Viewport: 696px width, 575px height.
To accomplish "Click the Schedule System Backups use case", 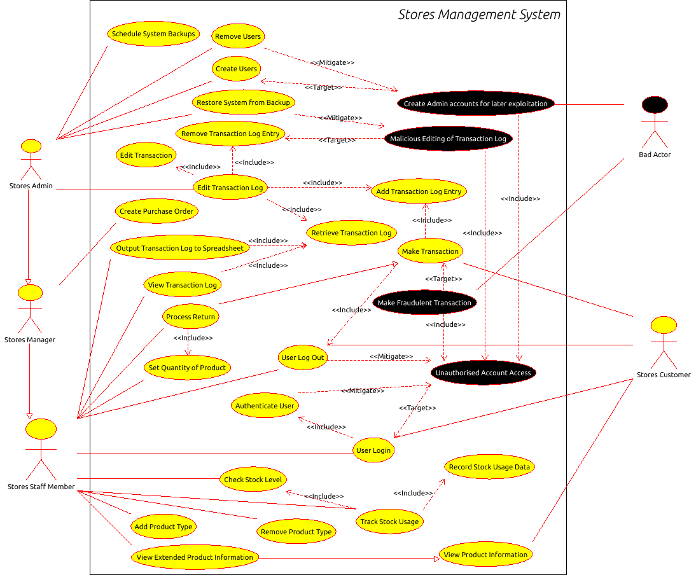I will coord(153,34).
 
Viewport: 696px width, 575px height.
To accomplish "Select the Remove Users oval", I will coord(237,37).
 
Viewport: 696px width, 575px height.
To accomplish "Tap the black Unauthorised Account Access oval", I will coord(484,373).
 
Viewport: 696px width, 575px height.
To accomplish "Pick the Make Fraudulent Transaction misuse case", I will coord(424,303).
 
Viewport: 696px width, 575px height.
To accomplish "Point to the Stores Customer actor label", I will coord(664,375).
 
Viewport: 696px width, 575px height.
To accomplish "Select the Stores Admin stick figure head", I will coord(31,146).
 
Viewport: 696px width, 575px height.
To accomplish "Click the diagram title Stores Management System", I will coord(479,15).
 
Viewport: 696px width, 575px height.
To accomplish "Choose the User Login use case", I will coord(373,450).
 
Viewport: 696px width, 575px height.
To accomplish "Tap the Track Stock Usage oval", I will coord(389,522).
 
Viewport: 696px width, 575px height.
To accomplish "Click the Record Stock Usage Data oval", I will coord(489,467).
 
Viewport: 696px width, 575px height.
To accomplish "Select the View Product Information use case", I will coord(485,555).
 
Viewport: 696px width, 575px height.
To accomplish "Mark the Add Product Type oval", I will coord(164,527).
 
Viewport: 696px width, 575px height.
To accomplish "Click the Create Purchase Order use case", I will coord(157,211).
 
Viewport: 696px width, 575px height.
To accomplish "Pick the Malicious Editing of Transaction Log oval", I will coord(448,139).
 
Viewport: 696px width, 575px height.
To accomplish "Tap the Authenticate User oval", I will coord(265,406).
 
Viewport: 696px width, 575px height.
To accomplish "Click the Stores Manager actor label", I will coord(30,340).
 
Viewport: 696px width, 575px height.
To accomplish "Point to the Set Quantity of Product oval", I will coord(187,368).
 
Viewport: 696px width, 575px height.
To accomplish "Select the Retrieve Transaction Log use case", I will coord(351,233).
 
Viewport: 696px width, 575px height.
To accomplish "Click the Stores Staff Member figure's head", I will coord(41,429).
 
